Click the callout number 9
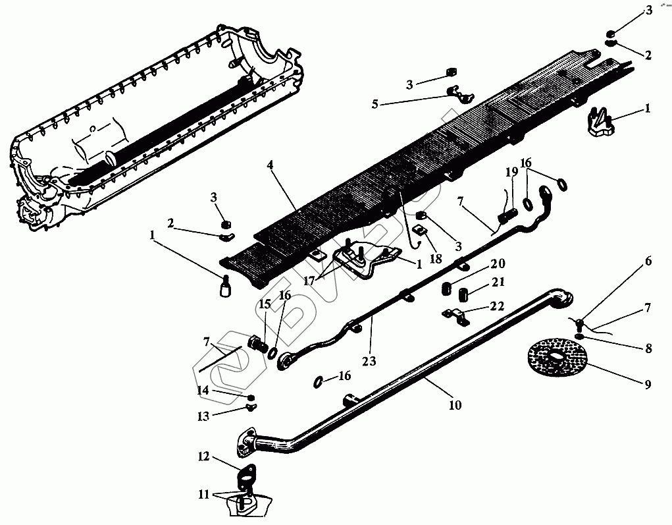[x=648, y=385]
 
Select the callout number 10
[x=455, y=405]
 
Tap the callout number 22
[x=498, y=306]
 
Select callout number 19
[x=511, y=173]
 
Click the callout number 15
[x=263, y=304]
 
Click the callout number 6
[x=648, y=262]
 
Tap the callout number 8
[x=648, y=349]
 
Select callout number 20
[x=498, y=263]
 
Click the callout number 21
[x=498, y=283]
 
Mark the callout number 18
[x=436, y=258]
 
